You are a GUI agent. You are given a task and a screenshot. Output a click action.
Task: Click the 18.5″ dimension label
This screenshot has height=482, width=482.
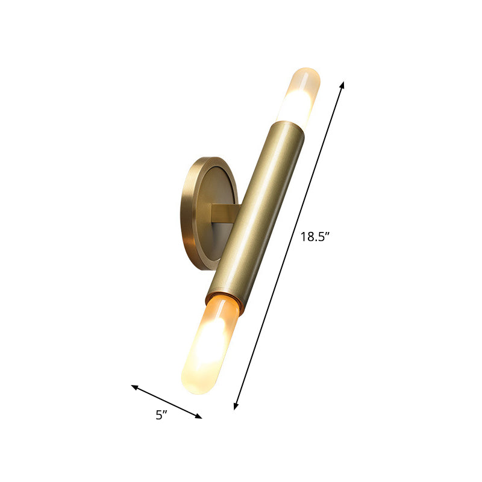315,237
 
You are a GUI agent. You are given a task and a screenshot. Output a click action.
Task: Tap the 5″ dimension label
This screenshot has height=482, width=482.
160,415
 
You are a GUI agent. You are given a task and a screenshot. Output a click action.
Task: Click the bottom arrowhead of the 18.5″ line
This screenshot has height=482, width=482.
236,407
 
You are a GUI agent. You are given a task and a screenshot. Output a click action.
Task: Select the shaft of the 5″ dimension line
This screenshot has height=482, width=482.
166,401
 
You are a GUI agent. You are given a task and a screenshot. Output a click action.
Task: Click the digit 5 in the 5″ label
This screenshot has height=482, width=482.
158,415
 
